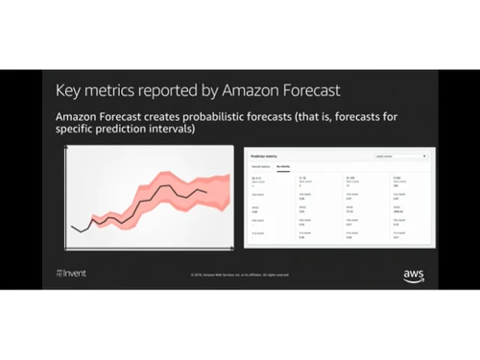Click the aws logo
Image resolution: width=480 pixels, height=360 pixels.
(414, 276)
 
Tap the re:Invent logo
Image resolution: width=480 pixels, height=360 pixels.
(70, 274)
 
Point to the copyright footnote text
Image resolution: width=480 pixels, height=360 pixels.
(240, 275)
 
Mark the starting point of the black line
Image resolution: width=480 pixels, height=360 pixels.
(72, 226)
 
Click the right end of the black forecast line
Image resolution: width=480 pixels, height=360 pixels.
(206, 192)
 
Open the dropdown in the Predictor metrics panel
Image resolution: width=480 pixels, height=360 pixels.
(398, 155)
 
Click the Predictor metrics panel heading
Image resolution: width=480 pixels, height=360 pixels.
(264, 155)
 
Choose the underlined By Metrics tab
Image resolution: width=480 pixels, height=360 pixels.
(284, 166)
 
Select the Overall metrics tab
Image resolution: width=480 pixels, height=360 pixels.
(260, 166)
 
